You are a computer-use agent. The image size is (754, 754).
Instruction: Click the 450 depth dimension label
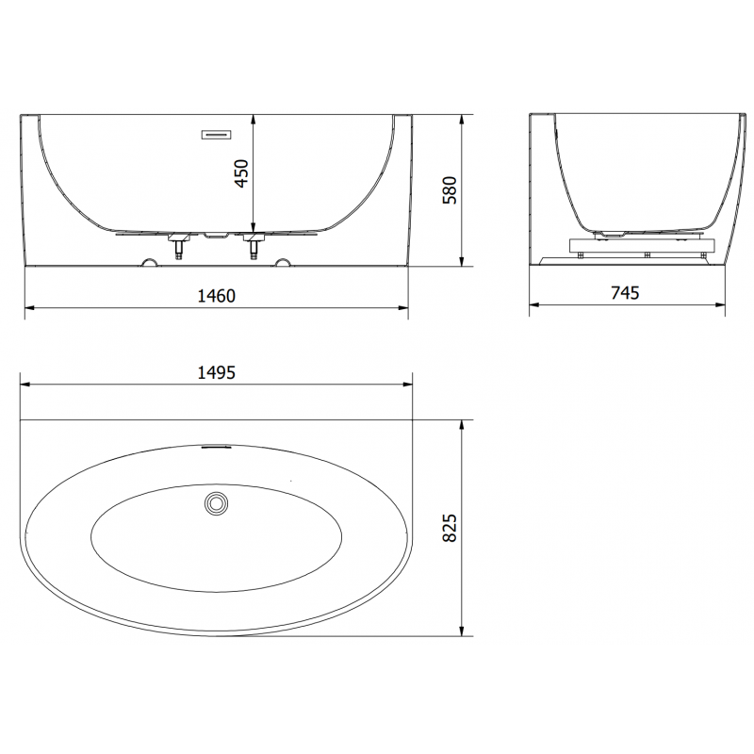click(x=241, y=173)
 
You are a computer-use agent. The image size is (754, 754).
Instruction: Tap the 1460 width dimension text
click(x=216, y=295)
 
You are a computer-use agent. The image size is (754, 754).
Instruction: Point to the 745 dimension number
click(x=624, y=293)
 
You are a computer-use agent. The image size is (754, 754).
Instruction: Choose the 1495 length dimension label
click(x=215, y=372)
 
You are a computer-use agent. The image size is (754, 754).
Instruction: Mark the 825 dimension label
click(x=450, y=527)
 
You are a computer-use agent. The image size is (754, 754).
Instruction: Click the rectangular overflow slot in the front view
click(x=216, y=134)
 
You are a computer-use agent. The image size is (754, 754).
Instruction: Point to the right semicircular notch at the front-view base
click(x=283, y=261)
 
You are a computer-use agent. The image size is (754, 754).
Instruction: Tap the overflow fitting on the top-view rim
click(x=216, y=449)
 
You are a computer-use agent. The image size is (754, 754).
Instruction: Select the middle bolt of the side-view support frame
click(x=647, y=254)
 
